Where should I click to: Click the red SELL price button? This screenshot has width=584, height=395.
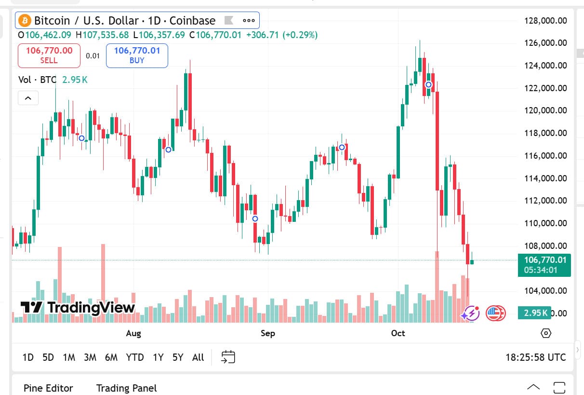[49, 55]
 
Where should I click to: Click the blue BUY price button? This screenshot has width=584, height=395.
[137, 55]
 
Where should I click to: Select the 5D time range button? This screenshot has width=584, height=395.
[48, 357]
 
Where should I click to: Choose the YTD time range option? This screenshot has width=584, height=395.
[135, 357]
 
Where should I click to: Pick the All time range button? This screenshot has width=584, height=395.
[198, 357]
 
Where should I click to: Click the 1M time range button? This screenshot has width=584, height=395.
[69, 357]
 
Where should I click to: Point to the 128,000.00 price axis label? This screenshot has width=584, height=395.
[545, 21]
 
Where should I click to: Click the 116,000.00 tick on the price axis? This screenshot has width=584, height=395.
[545, 156]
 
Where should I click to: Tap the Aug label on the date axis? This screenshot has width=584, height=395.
[133, 333]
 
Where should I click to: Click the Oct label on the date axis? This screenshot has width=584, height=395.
[398, 333]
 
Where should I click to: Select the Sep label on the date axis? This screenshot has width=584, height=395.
[267, 333]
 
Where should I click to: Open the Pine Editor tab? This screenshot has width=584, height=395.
[48, 388]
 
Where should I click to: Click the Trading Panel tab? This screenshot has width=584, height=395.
[126, 388]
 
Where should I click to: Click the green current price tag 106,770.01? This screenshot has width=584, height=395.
[544, 265]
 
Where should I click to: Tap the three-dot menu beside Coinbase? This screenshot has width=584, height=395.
[249, 21]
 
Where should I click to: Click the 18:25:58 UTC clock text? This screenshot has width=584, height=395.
[535, 357]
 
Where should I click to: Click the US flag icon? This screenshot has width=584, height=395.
[495, 313]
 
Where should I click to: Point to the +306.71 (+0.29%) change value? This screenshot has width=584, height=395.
[282, 35]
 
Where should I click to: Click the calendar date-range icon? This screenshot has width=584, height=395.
[228, 357]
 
